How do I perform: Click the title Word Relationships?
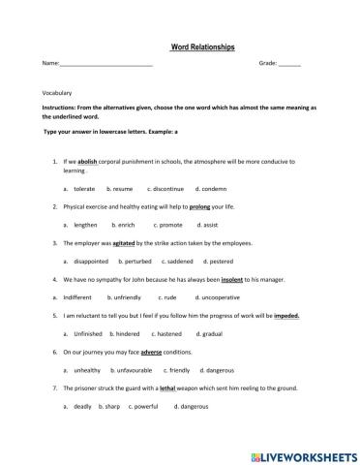(x=201, y=46)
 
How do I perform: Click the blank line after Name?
(x=105, y=64)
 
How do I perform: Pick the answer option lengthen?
(x=85, y=225)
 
